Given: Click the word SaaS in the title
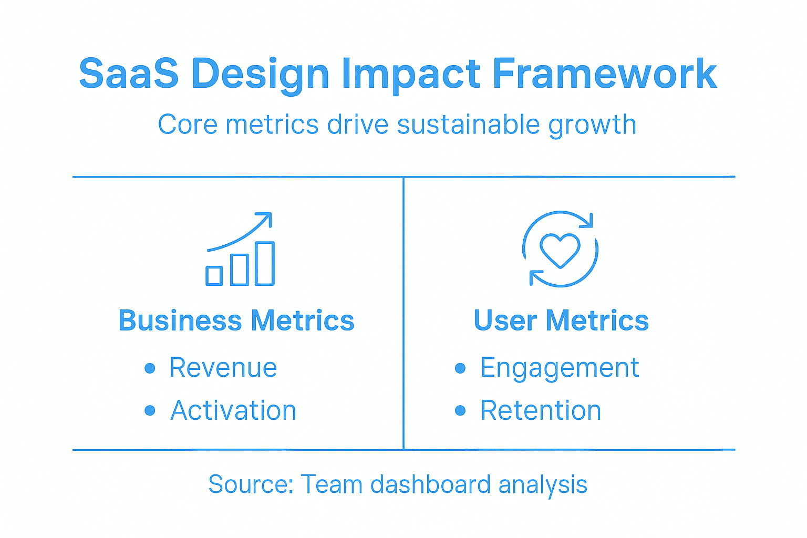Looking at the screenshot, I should [x=129, y=74].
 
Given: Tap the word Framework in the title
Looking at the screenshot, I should [x=604, y=74].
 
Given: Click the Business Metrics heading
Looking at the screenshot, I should [x=236, y=320].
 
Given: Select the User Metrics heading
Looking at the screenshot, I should [x=561, y=320].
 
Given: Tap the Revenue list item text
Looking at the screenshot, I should [x=223, y=367].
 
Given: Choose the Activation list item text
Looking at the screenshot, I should [x=233, y=410].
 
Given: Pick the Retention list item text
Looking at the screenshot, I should [x=541, y=410].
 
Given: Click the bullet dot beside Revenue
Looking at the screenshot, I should [x=150, y=368].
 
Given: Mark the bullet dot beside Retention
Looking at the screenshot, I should [x=460, y=410].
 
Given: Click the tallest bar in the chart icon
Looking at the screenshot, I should [x=265, y=264].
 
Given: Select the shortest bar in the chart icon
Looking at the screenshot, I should [x=214, y=276].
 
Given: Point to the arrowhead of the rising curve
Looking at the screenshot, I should [x=267, y=216].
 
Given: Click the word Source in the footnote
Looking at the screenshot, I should [x=250, y=484].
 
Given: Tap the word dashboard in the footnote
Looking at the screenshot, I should [x=430, y=484].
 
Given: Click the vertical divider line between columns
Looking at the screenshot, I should [x=403, y=315].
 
